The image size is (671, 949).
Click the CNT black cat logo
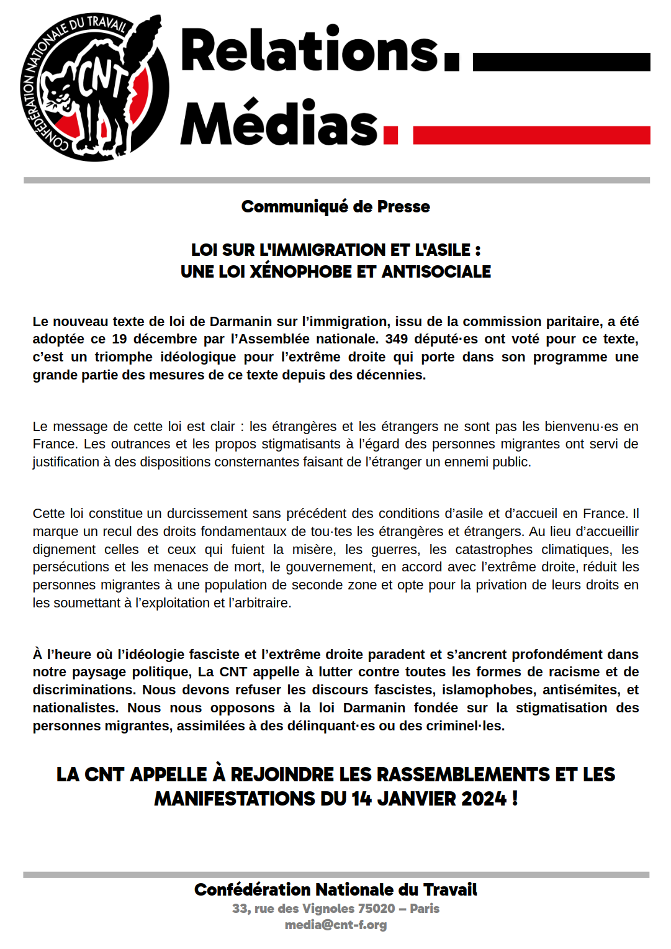point(94,86)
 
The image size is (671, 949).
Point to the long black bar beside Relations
point(561,62)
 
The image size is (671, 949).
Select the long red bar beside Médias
point(531,135)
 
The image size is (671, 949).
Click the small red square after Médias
point(390,135)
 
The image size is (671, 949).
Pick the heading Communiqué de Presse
point(335,206)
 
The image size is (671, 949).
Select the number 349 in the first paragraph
point(396,339)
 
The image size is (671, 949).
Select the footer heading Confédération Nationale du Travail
point(335,890)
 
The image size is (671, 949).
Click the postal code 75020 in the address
point(376,909)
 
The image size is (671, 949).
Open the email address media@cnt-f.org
point(335,925)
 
